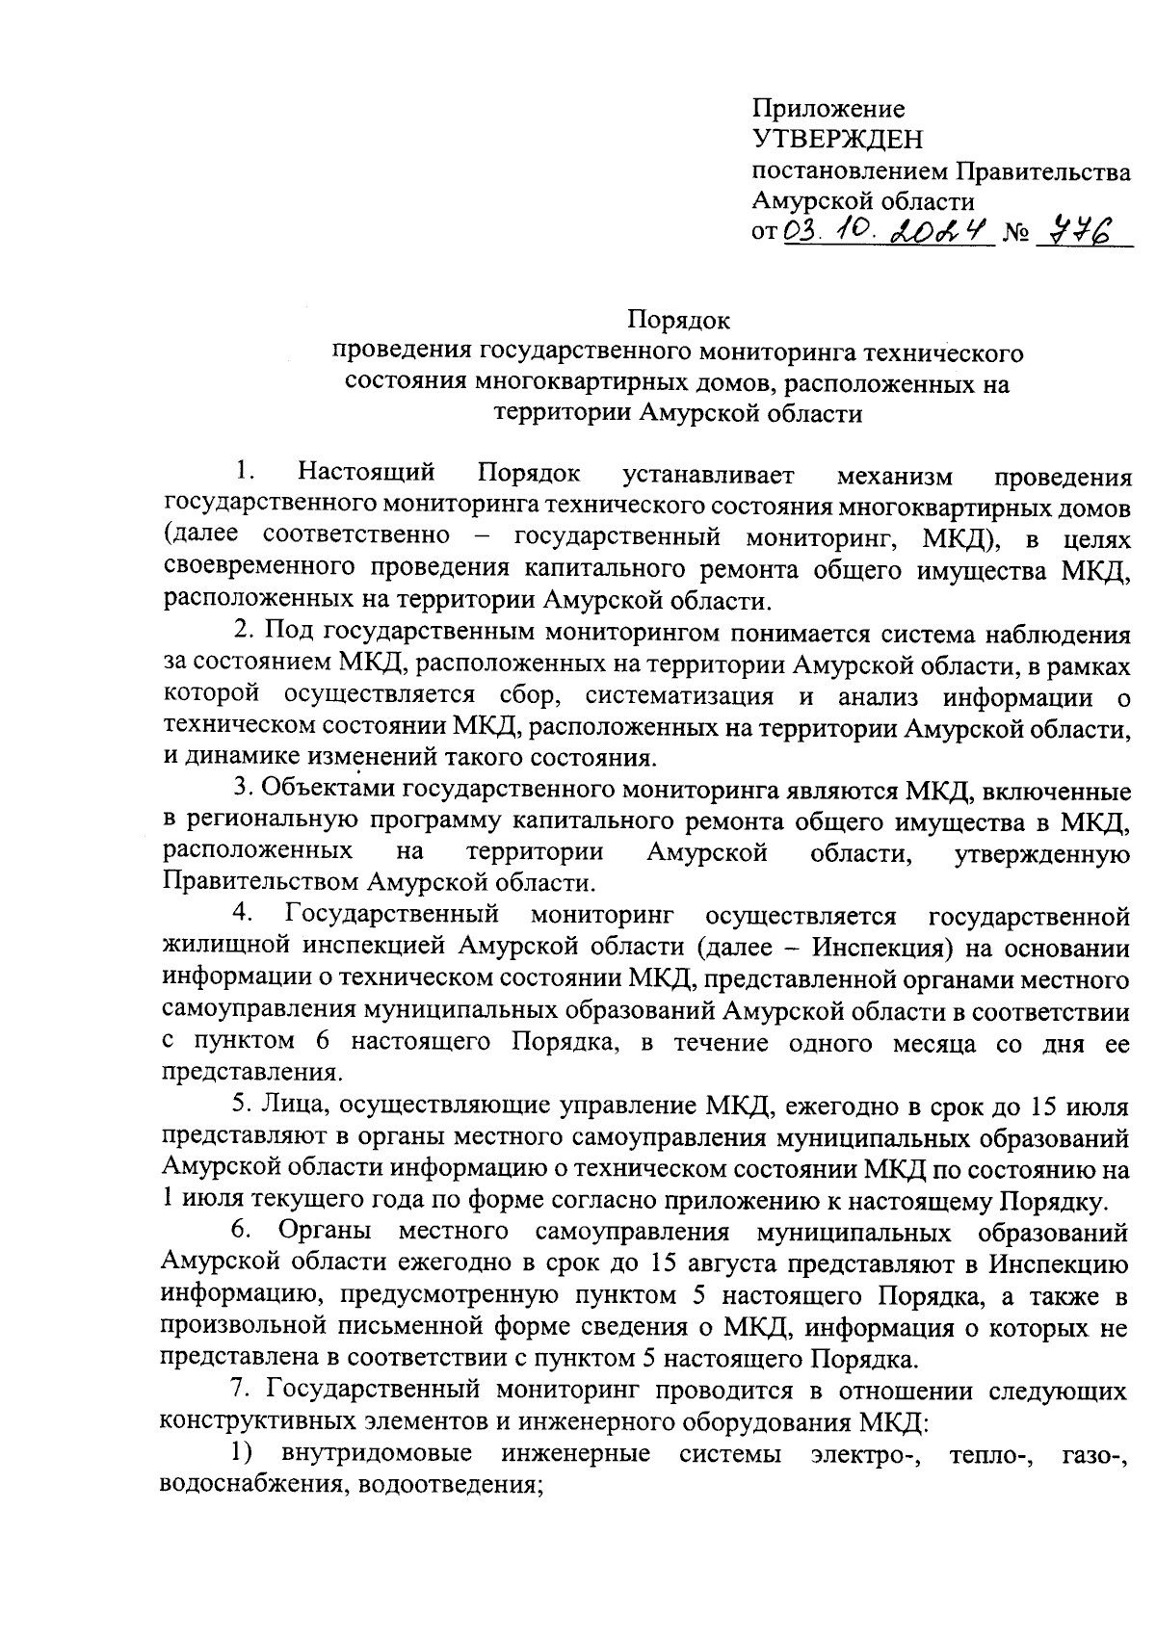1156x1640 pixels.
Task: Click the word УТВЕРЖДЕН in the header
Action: click(x=836, y=141)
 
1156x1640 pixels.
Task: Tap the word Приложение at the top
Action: click(x=828, y=109)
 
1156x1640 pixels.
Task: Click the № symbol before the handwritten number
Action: click(x=1016, y=234)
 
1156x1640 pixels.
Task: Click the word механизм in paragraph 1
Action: click(x=894, y=475)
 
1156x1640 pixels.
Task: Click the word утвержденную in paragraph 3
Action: click(x=1041, y=853)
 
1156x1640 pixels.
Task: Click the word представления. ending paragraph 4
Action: click(x=252, y=1072)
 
